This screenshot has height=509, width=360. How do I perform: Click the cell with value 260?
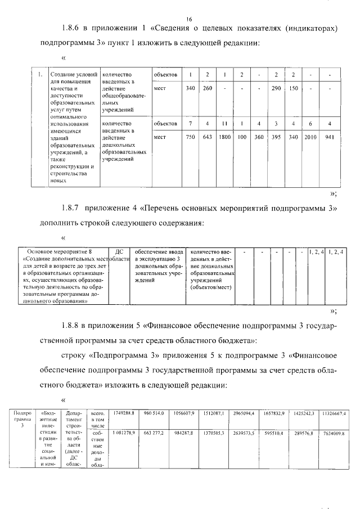point(208,88)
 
